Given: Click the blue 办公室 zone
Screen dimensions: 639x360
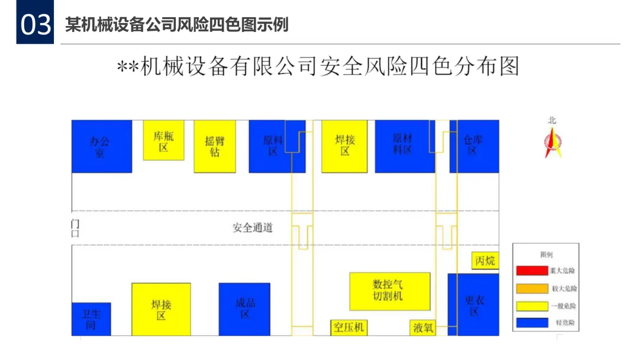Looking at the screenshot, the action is [101, 146].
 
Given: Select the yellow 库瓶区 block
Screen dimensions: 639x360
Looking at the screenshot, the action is [164, 140].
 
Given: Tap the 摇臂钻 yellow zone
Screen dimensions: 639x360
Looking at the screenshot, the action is [215, 146].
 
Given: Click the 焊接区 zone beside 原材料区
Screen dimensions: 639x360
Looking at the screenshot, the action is [344, 146].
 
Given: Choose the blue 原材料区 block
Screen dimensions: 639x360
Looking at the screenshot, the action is [405, 146].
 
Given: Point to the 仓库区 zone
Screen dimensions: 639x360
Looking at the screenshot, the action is [475, 146].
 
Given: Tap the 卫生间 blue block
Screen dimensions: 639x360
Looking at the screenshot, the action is [91, 319].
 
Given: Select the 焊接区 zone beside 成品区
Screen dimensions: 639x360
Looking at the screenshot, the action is [161, 309].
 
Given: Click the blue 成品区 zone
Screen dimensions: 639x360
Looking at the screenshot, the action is [244, 309].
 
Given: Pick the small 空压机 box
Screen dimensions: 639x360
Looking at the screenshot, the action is [348, 327].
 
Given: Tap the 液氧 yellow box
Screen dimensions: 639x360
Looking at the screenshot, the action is [422, 327].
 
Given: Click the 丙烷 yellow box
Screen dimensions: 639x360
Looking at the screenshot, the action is [485, 261].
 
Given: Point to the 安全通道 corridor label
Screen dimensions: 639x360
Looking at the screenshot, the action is [253, 227].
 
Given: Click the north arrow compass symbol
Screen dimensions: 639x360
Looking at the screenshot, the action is [553, 142].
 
